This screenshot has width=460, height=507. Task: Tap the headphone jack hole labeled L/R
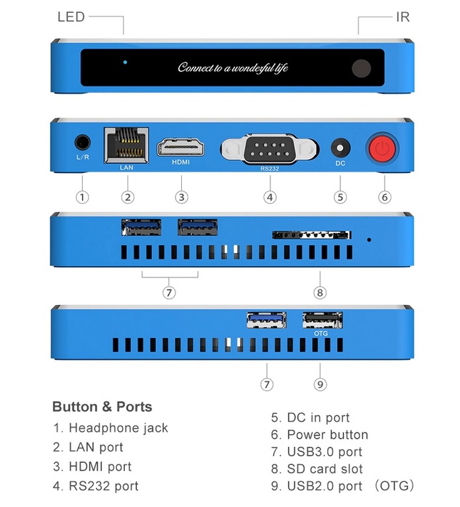click(x=82, y=143)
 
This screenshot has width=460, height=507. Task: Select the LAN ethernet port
click(x=126, y=145)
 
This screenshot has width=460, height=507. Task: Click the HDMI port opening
click(x=180, y=147)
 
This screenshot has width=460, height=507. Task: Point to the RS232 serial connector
click(x=269, y=147)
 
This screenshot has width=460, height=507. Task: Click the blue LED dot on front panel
click(x=125, y=63)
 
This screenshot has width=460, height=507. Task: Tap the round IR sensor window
click(x=361, y=68)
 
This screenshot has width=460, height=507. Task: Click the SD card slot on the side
click(x=311, y=235)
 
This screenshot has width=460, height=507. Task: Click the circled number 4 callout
click(x=269, y=197)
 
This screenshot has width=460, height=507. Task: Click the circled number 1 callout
click(x=82, y=197)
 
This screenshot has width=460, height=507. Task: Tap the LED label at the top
click(x=71, y=17)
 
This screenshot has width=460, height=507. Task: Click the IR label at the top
click(x=402, y=17)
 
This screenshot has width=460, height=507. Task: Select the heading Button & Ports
click(x=102, y=407)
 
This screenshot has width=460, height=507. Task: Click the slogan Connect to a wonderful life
click(x=233, y=68)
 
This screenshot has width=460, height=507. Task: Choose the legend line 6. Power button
click(x=320, y=434)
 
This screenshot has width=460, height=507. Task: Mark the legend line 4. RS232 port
click(x=96, y=487)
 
